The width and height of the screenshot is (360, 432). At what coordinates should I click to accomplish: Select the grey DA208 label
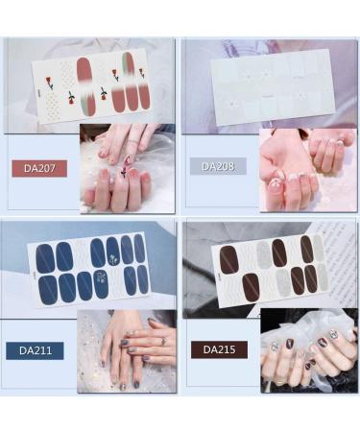coord(223,166)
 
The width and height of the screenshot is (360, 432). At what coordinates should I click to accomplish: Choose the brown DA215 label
coord(219,349)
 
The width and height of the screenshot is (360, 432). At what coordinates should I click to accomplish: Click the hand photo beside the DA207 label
coord(128,167)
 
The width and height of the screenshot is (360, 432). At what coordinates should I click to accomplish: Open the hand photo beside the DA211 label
coord(127,349)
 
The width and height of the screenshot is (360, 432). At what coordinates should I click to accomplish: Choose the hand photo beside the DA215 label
coord(307,350)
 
